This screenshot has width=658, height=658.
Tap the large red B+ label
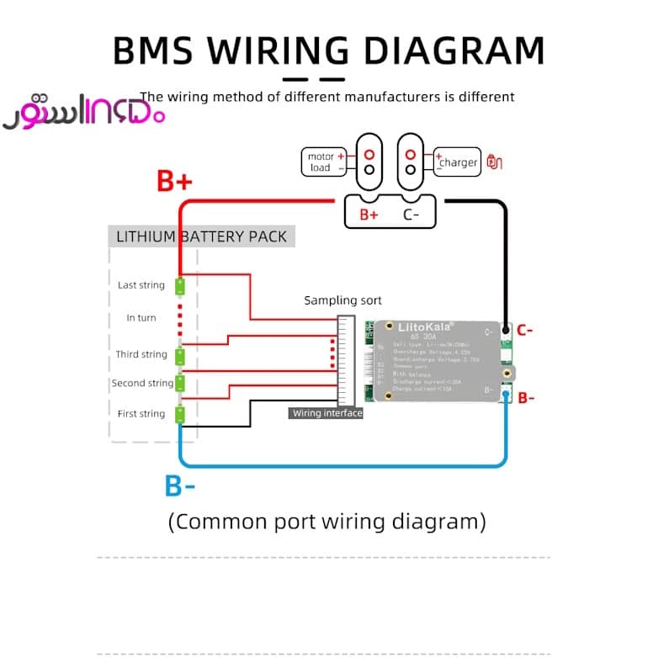(174, 181)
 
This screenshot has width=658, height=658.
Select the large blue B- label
(180, 486)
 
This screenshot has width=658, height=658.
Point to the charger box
(457, 162)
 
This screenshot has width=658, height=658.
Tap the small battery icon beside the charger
(495, 162)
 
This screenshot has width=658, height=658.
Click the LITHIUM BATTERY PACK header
(201, 236)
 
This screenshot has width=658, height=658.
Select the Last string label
(141, 285)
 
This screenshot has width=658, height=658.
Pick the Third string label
(141, 354)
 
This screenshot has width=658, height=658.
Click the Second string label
(142, 383)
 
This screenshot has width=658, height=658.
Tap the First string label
(141, 413)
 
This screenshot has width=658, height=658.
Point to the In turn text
(141, 318)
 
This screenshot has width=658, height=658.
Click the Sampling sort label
(342, 300)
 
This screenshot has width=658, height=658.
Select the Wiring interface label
(326, 413)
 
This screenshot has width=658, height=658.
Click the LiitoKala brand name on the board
(419, 327)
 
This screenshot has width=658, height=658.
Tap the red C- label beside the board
(524, 331)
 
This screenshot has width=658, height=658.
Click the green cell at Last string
(180, 286)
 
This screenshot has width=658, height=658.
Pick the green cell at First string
(180, 415)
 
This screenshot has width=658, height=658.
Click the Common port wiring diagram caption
(327, 522)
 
